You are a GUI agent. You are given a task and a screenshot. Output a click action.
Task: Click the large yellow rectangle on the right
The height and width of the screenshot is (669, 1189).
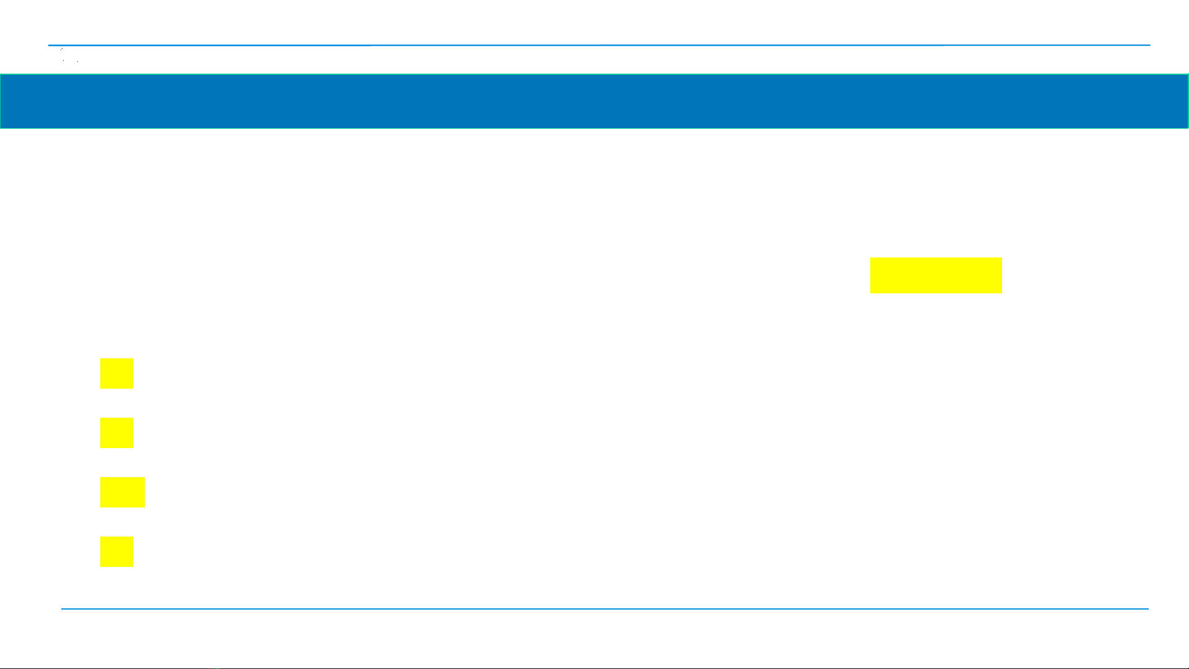click(936, 275)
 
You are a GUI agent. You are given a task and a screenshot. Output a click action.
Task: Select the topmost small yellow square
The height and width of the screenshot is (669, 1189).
click(116, 373)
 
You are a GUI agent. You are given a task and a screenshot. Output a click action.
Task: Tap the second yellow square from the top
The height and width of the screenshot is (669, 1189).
click(116, 433)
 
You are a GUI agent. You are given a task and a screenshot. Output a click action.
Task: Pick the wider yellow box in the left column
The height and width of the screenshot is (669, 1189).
click(122, 492)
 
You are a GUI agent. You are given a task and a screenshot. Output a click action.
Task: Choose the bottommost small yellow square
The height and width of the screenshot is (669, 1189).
click(116, 551)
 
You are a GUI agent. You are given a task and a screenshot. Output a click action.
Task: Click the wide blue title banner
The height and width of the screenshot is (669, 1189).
click(594, 101)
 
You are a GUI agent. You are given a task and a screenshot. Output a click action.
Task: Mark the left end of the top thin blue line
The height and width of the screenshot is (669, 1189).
click(50, 45)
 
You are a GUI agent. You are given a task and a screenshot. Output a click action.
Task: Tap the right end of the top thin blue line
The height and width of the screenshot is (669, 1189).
click(1149, 45)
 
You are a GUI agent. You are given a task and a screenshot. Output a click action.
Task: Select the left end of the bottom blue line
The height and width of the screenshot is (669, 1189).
click(62, 609)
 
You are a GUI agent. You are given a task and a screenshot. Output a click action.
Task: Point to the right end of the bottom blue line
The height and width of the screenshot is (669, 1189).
click(1148, 609)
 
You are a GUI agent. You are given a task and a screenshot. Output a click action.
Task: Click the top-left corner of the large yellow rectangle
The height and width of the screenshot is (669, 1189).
click(871, 258)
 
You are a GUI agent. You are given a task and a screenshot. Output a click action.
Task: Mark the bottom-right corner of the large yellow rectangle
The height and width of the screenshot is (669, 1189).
click(1001, 292)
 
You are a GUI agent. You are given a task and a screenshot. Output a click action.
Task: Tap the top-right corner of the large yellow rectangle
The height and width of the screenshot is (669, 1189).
click(1001, 258)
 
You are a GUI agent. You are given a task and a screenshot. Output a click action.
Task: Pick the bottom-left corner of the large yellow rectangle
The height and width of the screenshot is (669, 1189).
click(871, 292)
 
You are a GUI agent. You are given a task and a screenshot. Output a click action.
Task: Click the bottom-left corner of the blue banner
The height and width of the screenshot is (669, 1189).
click(1, 127)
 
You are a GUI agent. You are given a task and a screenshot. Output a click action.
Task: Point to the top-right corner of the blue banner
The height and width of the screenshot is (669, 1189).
click(1187, 75)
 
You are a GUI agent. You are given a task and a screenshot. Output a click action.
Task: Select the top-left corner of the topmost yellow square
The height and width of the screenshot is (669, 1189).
click(101, 359)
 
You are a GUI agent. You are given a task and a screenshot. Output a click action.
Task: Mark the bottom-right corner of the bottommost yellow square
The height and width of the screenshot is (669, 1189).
click(132, 566)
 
